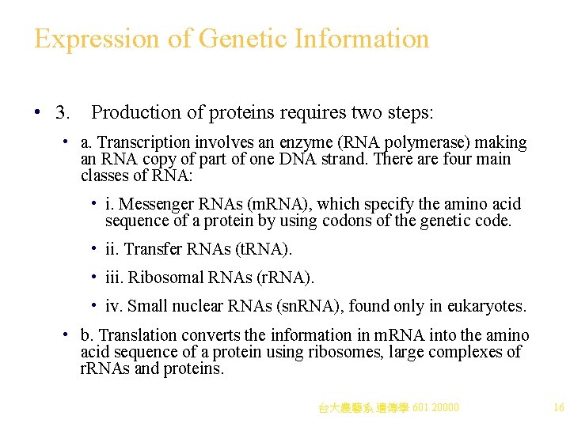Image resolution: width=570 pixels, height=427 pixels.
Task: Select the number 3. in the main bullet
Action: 63,112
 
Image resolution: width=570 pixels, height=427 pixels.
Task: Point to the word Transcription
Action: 145,143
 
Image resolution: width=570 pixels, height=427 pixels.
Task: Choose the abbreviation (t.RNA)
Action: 264,250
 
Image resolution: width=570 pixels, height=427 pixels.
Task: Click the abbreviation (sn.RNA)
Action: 307,305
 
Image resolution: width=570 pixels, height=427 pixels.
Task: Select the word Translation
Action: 135,336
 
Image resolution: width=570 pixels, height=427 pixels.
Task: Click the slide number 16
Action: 558,408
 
